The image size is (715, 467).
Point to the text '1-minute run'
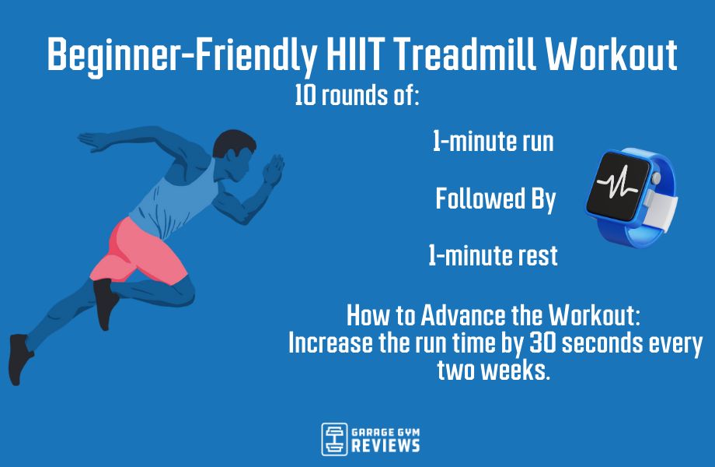click(x=494, y=142)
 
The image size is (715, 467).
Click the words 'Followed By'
click(x=495, y=199)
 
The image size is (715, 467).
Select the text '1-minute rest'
click(x=493, y=256)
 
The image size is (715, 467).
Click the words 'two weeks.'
click(x=494, y=370)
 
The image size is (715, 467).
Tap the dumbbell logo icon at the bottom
click(x=334, y=439)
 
